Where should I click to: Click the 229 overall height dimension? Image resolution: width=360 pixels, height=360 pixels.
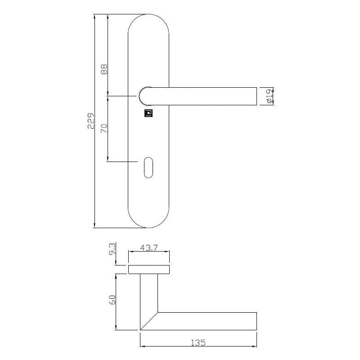click(91, 121)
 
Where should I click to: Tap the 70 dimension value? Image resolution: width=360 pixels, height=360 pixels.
click(104, 128)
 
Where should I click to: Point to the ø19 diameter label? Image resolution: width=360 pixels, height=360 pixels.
click(269, 96)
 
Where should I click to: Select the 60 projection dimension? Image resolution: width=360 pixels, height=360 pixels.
click(112, 300)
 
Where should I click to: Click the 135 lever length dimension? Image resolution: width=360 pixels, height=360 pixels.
click(198, 342)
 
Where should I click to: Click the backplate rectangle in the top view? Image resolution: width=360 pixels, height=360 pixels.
click(149, 270)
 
